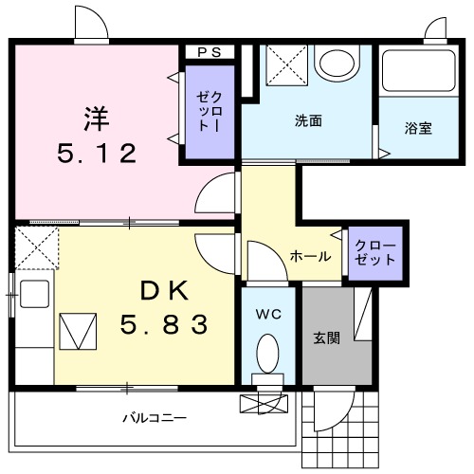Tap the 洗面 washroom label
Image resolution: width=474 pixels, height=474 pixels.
(308, 121)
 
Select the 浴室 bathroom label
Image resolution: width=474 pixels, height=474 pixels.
(418, 127)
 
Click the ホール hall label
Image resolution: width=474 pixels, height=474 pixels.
(310, 256)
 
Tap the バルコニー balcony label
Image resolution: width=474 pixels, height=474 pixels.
(154, 417)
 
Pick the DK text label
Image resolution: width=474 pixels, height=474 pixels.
(163, 290)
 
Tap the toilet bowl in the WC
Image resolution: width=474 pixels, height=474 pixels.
(268, 358)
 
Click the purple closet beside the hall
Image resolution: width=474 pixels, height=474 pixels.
(377, 252)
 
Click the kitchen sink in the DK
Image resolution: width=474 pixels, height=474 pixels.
(34, 295)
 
